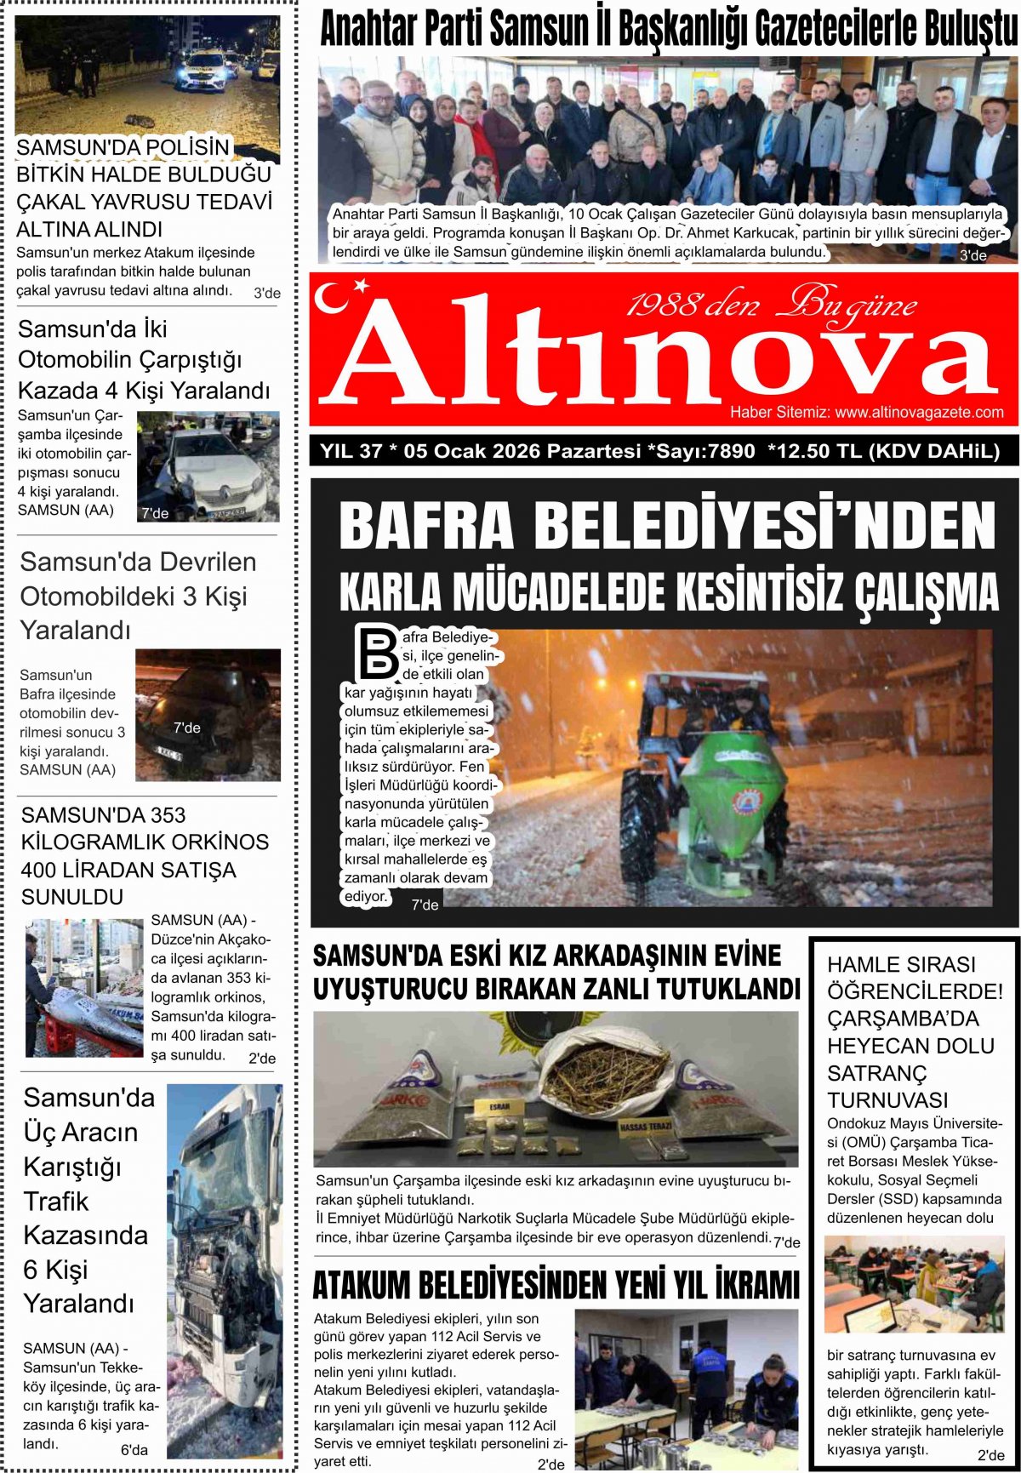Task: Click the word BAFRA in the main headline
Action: [426, 526]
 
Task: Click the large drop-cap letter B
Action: [375, 654]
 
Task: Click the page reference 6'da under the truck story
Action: [134, 1450]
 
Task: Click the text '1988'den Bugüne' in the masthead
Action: [771, 305]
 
